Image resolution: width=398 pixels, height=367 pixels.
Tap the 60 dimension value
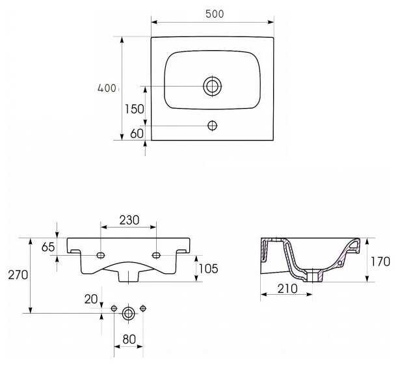click(x=137, y=133)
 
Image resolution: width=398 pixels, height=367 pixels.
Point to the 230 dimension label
click(x=129, y=221)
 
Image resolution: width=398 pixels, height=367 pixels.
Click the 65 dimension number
click(x=48, y=247)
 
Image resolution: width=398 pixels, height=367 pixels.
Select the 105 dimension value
click(x=208, y=268)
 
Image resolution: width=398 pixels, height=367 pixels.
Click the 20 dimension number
click(x=91, y=299)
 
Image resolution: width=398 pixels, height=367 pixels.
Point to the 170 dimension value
click(x=381, y=261)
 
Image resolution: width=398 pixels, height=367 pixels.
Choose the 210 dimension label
click(x=287, y=288)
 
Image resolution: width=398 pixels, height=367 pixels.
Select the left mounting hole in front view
click(x=101, y=254)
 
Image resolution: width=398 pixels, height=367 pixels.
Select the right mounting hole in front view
click(x=156, y=254)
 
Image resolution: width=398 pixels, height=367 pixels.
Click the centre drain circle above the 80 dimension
click(x=128, y=314)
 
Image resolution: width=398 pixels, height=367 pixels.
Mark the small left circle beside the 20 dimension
click(x=114, y=308)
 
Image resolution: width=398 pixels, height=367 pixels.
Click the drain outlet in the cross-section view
click(x=315, y=276)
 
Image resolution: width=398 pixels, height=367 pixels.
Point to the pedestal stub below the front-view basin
click(x=129, y=276)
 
